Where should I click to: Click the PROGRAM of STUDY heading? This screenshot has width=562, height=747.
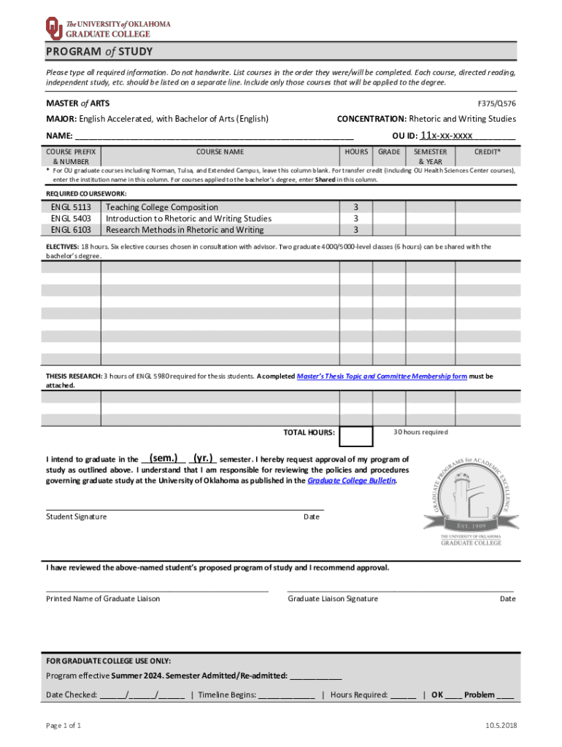point(99,53)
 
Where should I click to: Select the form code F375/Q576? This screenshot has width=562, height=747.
point(496,104)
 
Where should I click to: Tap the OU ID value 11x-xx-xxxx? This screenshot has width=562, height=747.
point(447,135)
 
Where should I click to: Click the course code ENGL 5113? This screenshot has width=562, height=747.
point(71,207)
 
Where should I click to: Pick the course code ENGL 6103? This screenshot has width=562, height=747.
point(71,230)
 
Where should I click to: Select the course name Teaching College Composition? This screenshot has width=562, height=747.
point(162,207)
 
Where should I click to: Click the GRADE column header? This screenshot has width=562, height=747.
point(388,152)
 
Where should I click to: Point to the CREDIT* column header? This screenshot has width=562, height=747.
point(488,152)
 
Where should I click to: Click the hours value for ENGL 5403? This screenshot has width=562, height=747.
point(355,218)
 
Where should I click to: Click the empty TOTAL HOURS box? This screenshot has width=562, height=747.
point(356,436)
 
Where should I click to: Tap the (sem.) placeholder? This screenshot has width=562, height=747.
point(163,459)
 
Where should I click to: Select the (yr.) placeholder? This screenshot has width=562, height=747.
point(203,459)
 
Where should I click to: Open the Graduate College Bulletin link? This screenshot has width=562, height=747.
point(352,481)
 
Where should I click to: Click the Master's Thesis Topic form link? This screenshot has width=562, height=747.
point(382,376)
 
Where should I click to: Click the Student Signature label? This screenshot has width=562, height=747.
point(76,516)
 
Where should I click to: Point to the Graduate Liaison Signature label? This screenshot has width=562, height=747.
point(333,598)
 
